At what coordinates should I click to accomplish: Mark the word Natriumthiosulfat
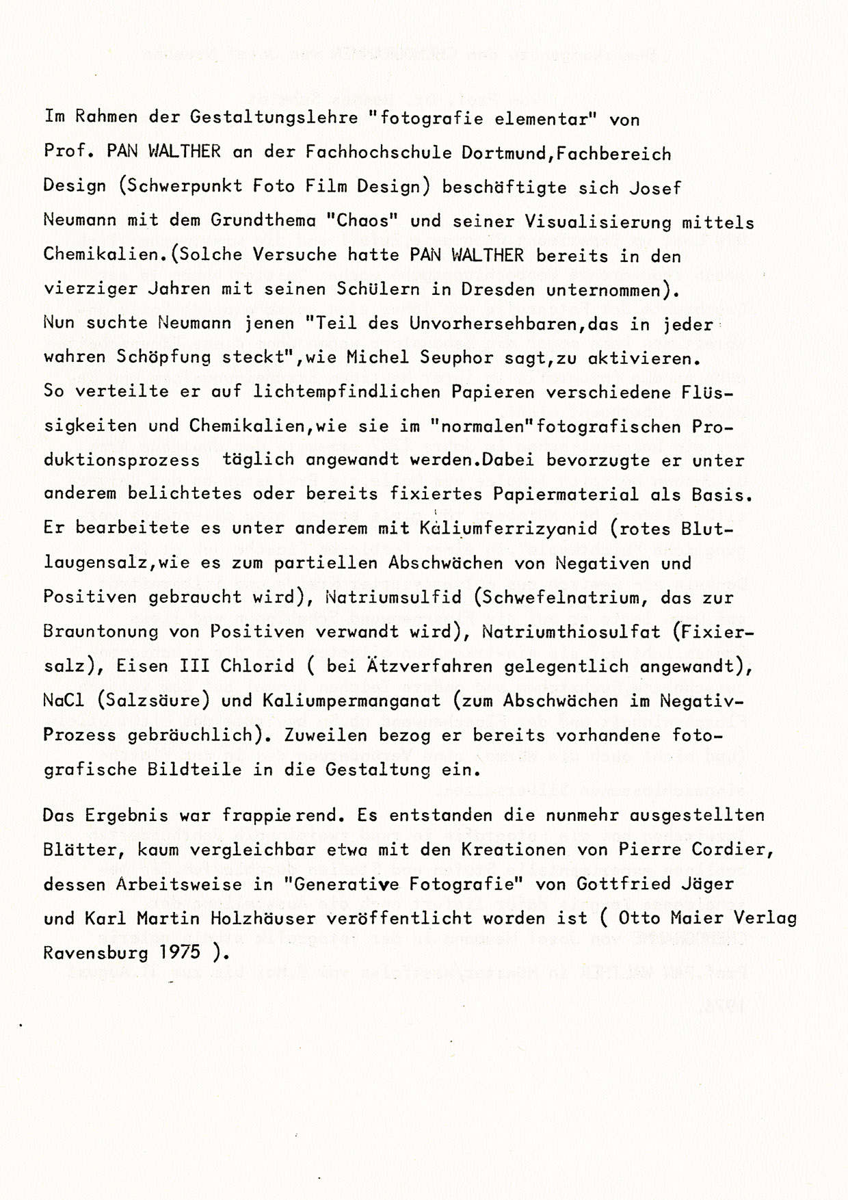click(x=568, y=631)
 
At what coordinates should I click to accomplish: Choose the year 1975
click(x=182, y=952)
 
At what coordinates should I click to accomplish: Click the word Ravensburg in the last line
click(x=96, y=952)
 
